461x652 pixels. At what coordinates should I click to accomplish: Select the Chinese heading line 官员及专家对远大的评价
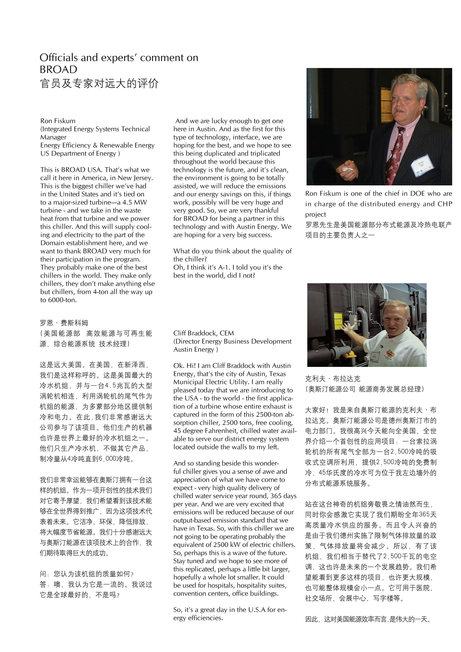tap(99, 84)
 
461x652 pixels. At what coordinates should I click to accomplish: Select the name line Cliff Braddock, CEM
tap(204, 333)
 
